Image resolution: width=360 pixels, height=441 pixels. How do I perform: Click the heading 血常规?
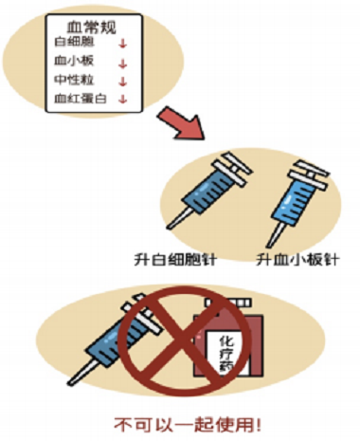(91, 28)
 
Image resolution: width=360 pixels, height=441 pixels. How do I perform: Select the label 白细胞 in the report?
(75, 42)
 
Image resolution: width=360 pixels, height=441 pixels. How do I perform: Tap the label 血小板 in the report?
(74, 61)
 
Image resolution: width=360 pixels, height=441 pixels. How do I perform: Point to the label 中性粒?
(74, 80)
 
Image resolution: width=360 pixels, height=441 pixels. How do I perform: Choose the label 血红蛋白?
(81, 99)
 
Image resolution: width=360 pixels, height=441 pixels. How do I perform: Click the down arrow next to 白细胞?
(123, 44)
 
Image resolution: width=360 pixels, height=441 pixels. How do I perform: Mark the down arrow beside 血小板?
(122, 64)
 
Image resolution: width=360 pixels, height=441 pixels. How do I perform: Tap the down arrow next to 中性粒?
(122, 82)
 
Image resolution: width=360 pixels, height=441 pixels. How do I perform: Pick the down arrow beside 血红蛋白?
(122, 99)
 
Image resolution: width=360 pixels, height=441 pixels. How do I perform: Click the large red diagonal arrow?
(182, 123)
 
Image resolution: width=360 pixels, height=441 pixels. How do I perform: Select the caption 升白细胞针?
(175, 260)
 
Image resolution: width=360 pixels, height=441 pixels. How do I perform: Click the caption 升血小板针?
(297, 260)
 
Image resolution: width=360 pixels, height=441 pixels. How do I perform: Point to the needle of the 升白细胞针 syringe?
(178, 218)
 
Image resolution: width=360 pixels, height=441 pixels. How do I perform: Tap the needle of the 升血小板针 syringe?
(274, 235)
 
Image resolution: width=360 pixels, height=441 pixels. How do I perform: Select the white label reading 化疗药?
(226, 352)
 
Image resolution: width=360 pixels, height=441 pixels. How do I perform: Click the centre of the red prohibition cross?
(185, 340)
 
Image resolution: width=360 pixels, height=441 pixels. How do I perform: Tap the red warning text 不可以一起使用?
(188, 425)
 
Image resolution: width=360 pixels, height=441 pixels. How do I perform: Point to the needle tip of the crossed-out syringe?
(70, 383)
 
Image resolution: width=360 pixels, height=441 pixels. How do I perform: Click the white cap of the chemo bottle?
(228, 303)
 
